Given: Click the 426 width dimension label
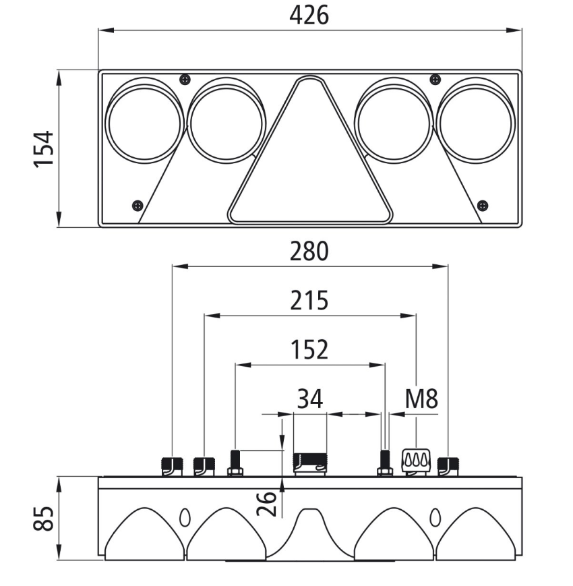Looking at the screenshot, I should tap(309, 15).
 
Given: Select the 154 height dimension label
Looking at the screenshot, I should tap(44, 148).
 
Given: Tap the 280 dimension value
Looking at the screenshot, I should tap(309, 252).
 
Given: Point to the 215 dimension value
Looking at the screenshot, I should tap(309, 300).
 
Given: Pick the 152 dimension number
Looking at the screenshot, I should tap(309, 350).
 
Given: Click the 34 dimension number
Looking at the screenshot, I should tap(309, 399).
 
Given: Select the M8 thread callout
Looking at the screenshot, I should tap(421, 399).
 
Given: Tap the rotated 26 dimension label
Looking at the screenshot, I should tap(268, 503).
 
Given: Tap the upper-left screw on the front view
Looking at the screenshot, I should tap(185, 80).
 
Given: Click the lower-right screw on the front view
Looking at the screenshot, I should tap(482, 205).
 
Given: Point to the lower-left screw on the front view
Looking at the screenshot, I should tap(138, 205).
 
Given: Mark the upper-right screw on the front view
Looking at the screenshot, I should tap(435, 80).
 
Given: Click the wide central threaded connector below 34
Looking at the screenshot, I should tap(309, 464).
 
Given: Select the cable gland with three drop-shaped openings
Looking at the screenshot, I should tap(416, 462).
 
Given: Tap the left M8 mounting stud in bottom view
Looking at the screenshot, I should tap(235, 463).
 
